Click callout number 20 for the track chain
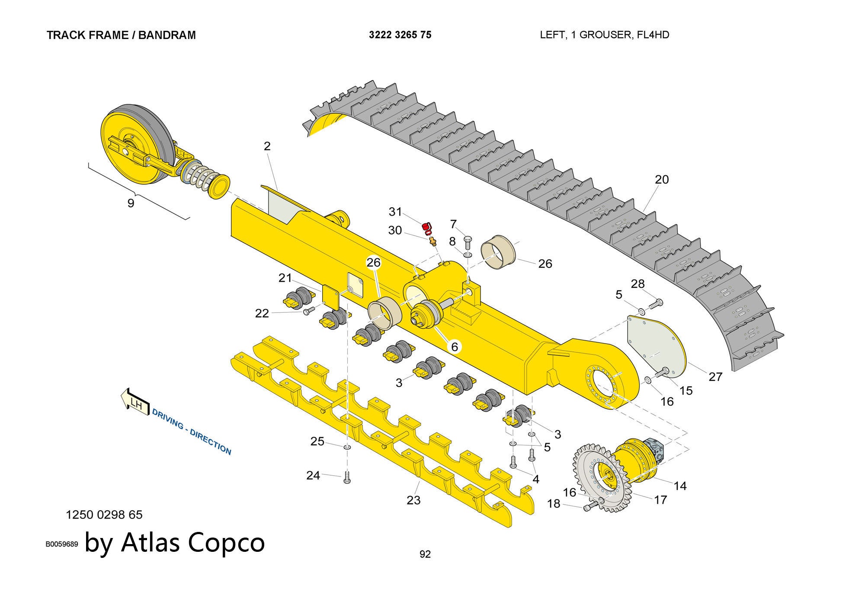662,179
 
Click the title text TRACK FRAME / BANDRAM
121,35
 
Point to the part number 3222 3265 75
400,35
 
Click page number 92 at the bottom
425,554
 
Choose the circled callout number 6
454,346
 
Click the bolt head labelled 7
468,239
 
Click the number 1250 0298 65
104,515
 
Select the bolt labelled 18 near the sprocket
591,506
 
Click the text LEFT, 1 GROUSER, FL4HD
604,35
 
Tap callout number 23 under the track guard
413,500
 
